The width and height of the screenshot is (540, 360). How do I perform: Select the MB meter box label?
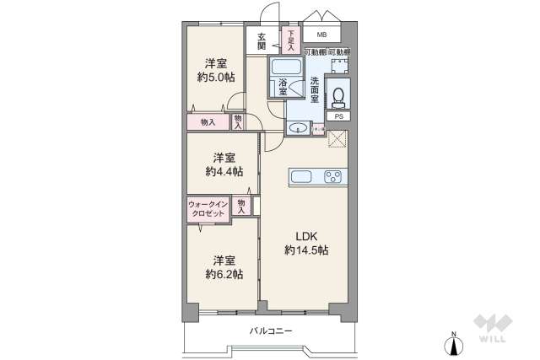pos(321,35)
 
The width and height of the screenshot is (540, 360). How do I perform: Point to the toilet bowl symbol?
pos(338,94)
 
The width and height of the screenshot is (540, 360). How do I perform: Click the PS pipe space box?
pos(339,116)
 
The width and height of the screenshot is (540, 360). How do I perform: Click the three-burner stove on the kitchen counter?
pos(332,177)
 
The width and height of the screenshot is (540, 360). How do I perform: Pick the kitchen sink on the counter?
pos(302,177)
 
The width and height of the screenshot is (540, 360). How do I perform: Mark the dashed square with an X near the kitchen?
pos(337,140)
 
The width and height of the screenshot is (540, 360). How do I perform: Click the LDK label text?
pos(305,236)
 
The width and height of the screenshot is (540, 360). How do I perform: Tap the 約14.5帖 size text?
pos(305,250)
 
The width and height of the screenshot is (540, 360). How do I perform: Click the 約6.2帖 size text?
pos(223,274)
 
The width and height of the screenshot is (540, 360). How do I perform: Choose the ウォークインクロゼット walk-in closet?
pos(207,208)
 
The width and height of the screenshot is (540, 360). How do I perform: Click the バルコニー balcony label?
pos(271,330)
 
